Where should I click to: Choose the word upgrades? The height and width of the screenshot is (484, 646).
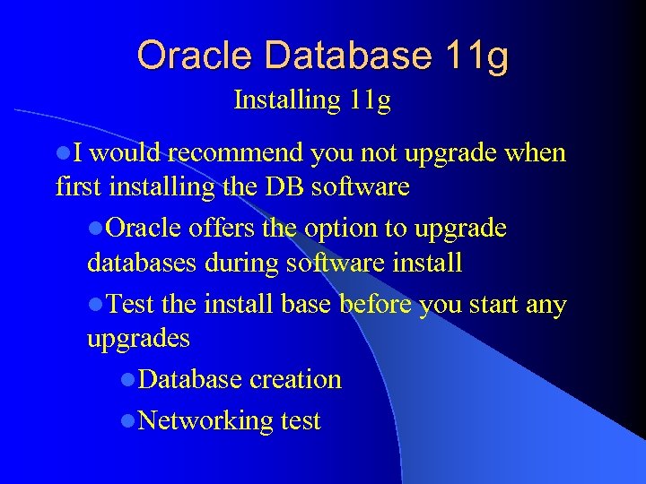click(x=138, y=339)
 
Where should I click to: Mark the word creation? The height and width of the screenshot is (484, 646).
click(x=295, y=379)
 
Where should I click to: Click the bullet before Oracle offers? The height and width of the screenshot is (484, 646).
click(x=95, y=229)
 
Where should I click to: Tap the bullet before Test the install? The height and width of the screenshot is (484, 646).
click(x=95, y=306)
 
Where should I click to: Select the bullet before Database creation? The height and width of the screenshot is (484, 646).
click(x=128, y=380)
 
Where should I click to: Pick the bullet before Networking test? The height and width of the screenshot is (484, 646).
click(x=128, y=420)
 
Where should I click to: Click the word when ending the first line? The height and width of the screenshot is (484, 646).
click(x=535, y=153)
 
